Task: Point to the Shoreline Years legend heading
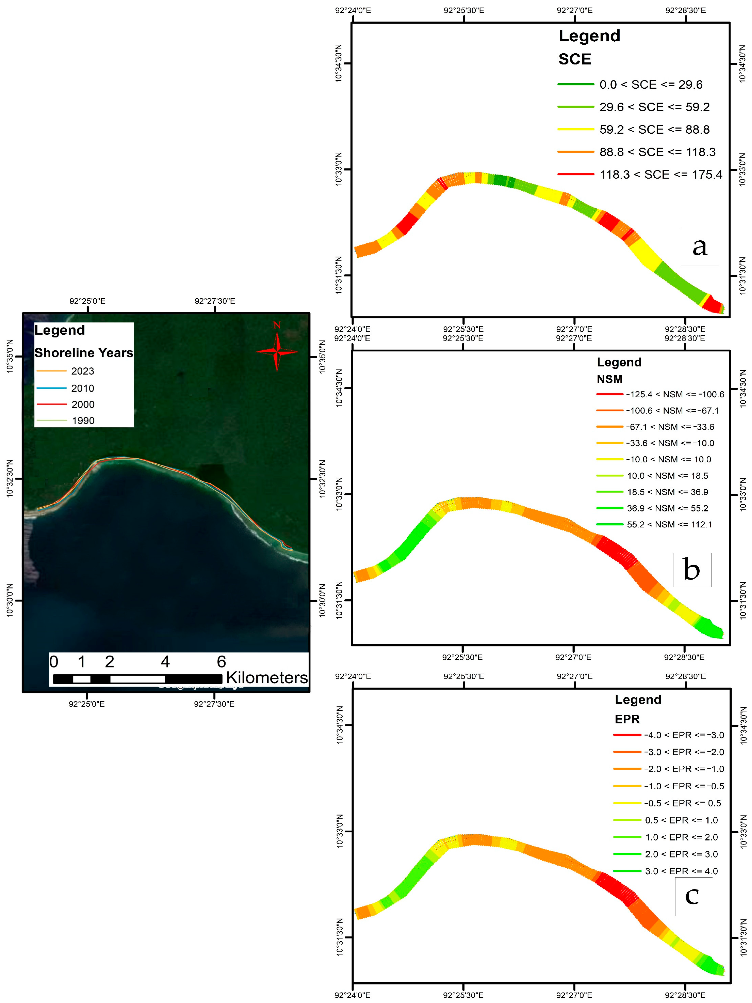coord(84,353)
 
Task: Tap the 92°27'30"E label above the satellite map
coord(215,301)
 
